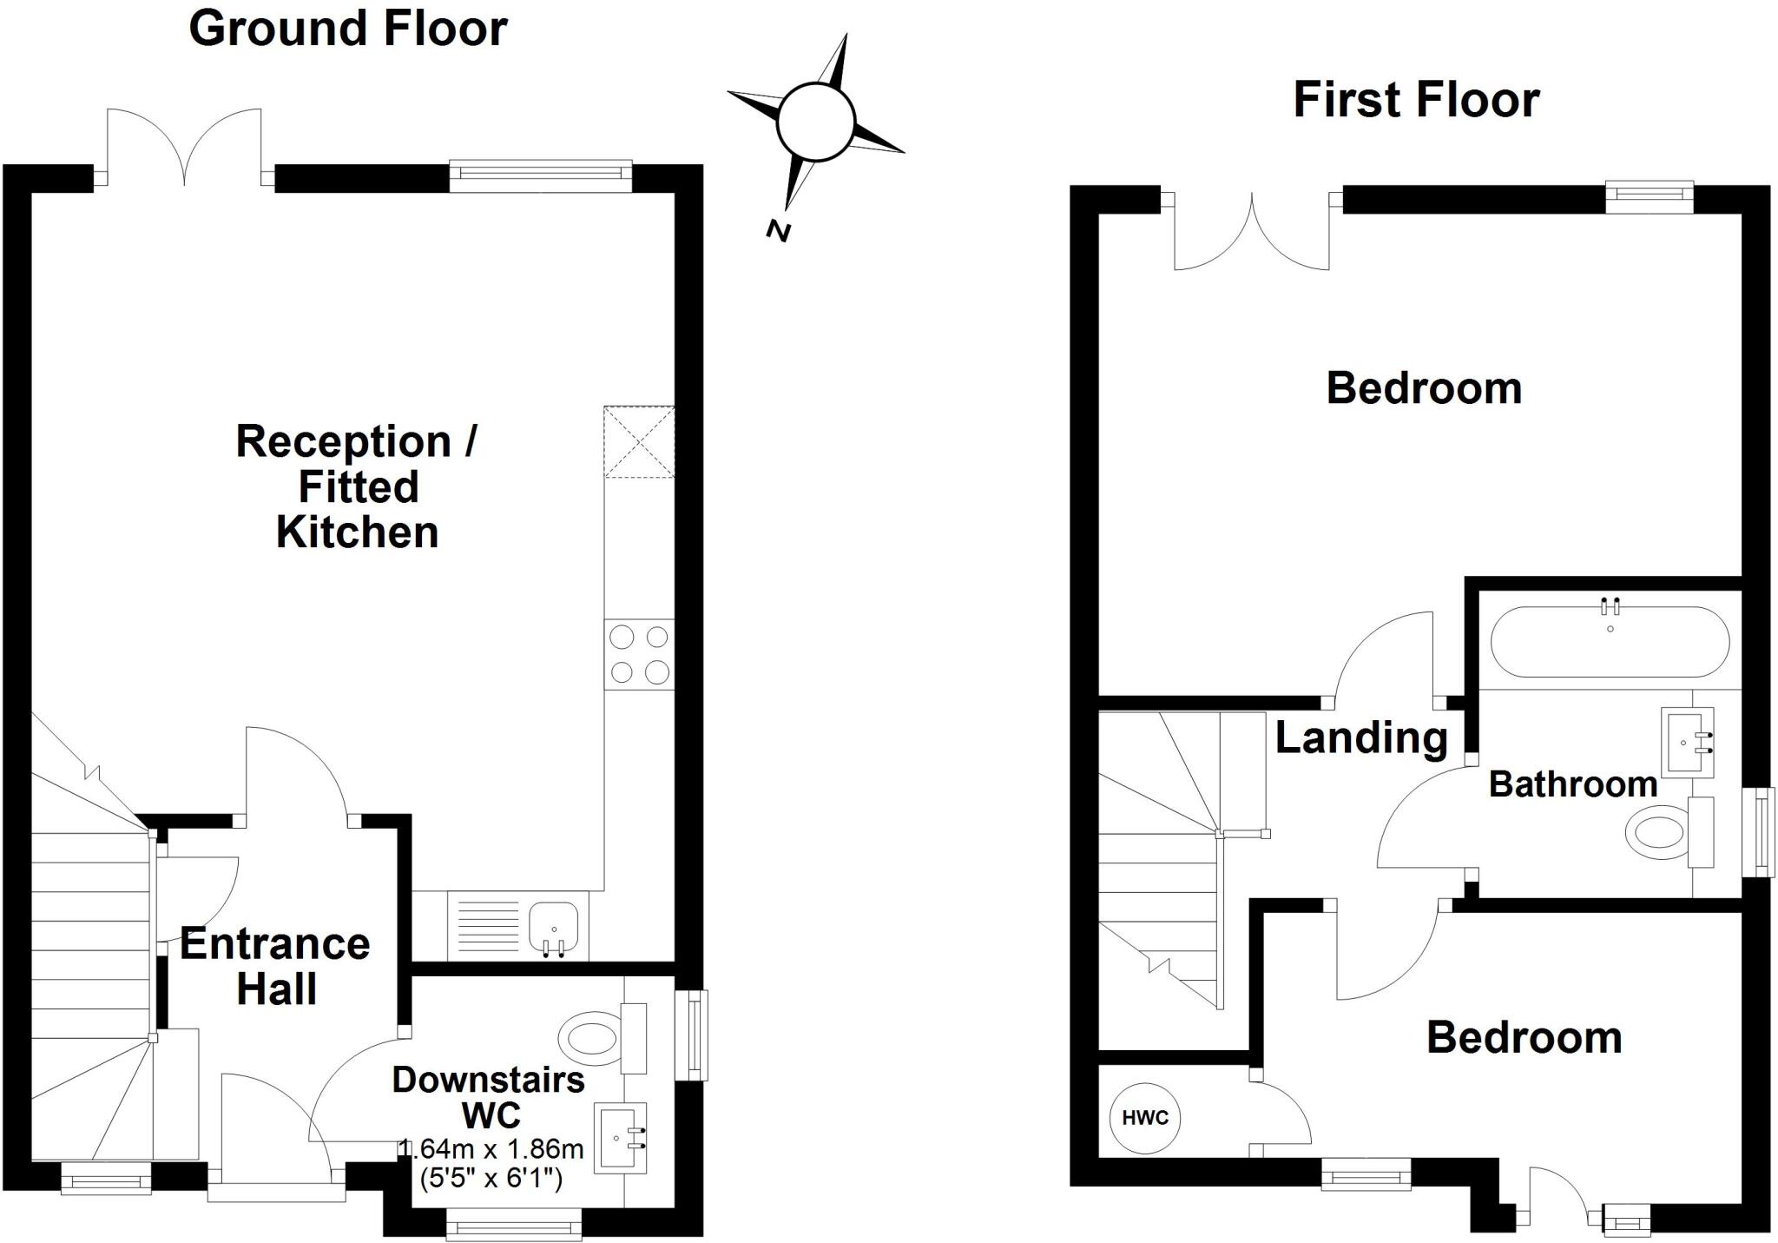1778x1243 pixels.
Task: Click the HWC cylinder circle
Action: [1144, 1118]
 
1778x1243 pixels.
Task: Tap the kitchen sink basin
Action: [553, 927]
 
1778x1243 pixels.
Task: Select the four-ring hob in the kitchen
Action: [639, 654]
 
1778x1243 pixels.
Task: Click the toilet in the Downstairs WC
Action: [590, 1037]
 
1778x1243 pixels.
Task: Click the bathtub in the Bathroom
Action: [1610, 642]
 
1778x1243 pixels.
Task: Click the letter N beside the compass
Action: [779, 230]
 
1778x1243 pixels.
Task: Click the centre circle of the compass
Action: [815, 122]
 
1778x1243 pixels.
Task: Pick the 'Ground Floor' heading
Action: [347, 29]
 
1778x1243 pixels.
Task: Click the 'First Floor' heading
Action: [1416, 100]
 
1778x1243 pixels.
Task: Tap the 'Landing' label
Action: [1360, 738]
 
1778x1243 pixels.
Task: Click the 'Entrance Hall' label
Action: [275, 966]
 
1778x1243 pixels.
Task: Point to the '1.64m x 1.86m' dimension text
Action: [491, 1149]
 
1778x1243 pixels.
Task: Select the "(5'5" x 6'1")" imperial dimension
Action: [491, 1179]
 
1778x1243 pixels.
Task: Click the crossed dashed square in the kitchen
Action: [639, 441]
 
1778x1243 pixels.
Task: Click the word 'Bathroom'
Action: [1573, 784]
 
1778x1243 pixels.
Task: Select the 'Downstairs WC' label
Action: [489, 1096]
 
